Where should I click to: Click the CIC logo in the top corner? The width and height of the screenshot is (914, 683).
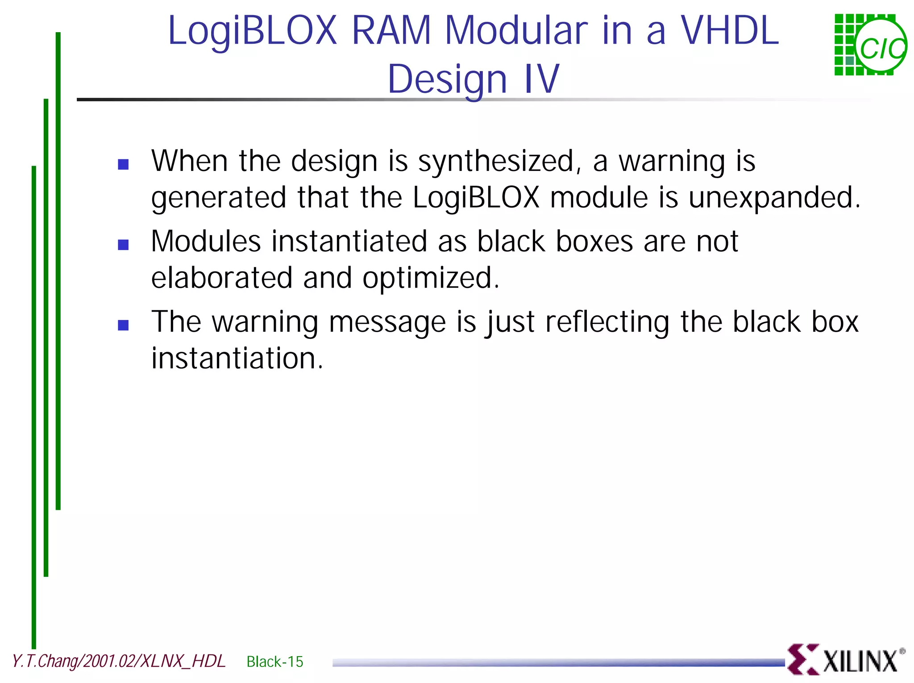coord(870,45)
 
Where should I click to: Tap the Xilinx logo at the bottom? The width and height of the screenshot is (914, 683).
coord(845,659)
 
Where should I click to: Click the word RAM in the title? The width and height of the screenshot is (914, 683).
coord(391,31)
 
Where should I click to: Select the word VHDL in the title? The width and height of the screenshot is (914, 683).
coord(729,31)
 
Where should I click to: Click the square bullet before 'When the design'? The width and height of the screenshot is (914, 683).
coord(123,164)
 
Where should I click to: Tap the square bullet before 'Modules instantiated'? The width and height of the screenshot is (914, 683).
coord(123,245)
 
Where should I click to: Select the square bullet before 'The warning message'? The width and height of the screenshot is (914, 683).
coord(123,325)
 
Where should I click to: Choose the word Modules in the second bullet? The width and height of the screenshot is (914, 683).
coord(206,242)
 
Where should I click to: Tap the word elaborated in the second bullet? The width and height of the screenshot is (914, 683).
coord(221,278)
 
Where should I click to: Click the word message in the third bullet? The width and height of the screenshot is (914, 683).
coord(387,322)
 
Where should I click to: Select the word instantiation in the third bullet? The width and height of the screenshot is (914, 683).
coord(237,358)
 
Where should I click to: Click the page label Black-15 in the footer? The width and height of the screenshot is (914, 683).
coord(274,662)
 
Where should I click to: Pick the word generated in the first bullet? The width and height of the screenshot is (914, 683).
coord(219,198)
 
